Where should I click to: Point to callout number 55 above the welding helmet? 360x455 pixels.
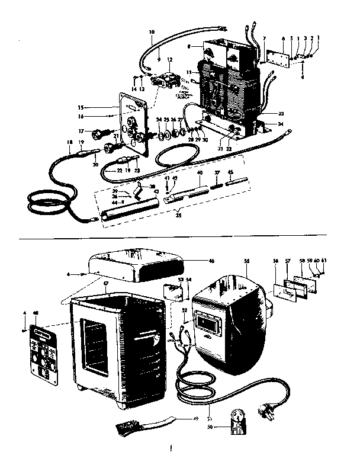tap(246, 260)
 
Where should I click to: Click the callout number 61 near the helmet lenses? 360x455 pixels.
tap(340, 259)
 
